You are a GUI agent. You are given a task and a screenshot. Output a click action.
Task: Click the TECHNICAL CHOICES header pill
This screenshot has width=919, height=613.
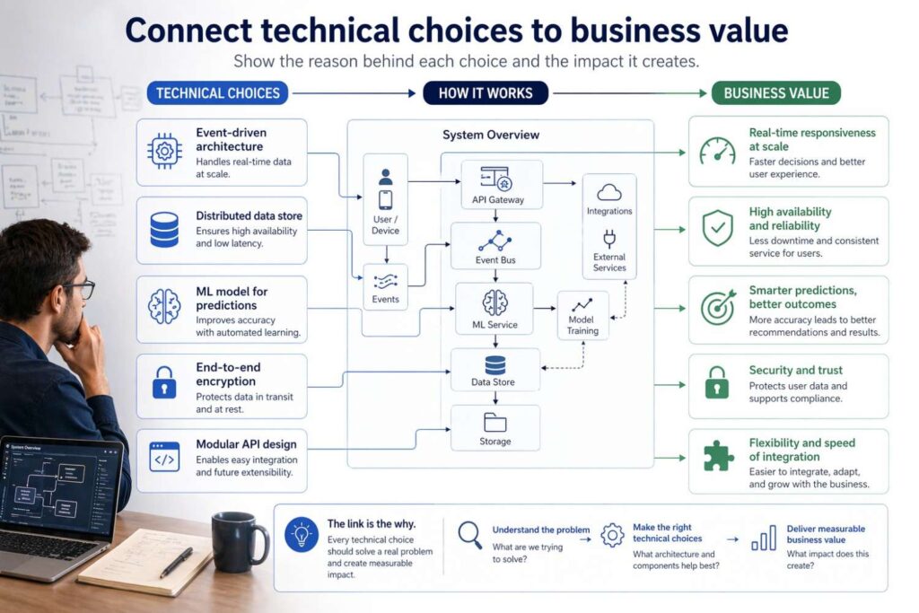(x=218, y=92)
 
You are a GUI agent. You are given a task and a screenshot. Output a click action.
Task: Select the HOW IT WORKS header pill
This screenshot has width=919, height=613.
(x=486, y=92)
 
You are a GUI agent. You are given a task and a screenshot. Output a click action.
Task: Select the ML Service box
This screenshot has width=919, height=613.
(x=495, y=308)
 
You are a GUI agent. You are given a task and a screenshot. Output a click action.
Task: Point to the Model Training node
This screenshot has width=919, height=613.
(x=582, y=315)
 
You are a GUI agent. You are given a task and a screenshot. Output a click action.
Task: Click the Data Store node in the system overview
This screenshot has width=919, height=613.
(x=495, y=371)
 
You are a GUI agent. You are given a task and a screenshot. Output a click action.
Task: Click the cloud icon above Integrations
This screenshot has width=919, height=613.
(x=609, y=192)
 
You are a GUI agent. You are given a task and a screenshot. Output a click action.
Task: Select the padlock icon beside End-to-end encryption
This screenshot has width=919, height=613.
(x=163, y=381)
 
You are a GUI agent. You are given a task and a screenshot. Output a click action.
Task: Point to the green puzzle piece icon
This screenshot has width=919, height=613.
(x=716, y=455)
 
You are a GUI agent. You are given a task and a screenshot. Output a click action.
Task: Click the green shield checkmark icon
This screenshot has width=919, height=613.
(x=716, y=228)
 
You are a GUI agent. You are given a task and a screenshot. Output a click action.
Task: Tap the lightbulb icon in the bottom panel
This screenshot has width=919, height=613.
(x=301, y=536)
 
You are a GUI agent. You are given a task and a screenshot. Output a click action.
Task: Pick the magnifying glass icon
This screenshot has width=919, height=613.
(x=469, y=535)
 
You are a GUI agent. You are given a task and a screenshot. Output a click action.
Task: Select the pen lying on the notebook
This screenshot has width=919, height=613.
(x=176, y=562)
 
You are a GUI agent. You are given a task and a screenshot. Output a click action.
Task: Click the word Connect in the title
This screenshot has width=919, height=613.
(x=188, y=31)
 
